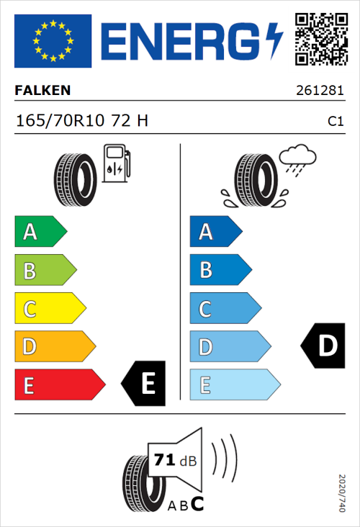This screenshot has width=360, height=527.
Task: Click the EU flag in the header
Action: [53, 40]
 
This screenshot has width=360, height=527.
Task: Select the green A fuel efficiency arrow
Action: [40, 232]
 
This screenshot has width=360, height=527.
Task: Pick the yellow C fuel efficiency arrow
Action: [49, 310]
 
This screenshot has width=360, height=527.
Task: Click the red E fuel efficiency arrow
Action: [59, 385]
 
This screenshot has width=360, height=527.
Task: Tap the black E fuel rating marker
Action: [144, 383]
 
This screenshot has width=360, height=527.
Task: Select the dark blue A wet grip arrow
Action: [214, 232]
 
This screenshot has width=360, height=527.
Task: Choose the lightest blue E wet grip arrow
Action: [234, 385]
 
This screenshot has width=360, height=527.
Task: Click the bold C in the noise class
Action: [197, 503]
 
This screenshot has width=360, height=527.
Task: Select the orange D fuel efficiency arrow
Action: [54, 347]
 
